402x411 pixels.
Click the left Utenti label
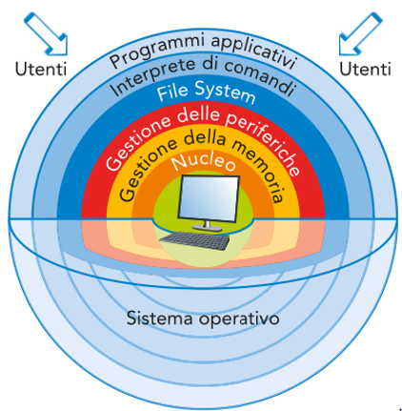(x=41, y=69)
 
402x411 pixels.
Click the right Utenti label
(x=365, y=69)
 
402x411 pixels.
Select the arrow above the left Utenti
(x=46, y=34)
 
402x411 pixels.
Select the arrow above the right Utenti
(x=360, y=34)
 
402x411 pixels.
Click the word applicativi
(x=253, y=51)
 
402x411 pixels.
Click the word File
(x=172, y=92)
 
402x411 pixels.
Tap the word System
(x=225, y=92)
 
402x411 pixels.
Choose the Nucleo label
(x=204, y=160)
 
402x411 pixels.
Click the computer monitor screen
(x=209, y=196)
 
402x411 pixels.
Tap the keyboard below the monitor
(x=194, y=240)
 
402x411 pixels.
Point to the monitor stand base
(x=207, y=228)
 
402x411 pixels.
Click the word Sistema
(x=160, y=319)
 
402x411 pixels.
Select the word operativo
(x=239, y=319)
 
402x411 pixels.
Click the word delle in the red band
(x=198, y=116)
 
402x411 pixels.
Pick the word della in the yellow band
(x=205, y=138)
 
